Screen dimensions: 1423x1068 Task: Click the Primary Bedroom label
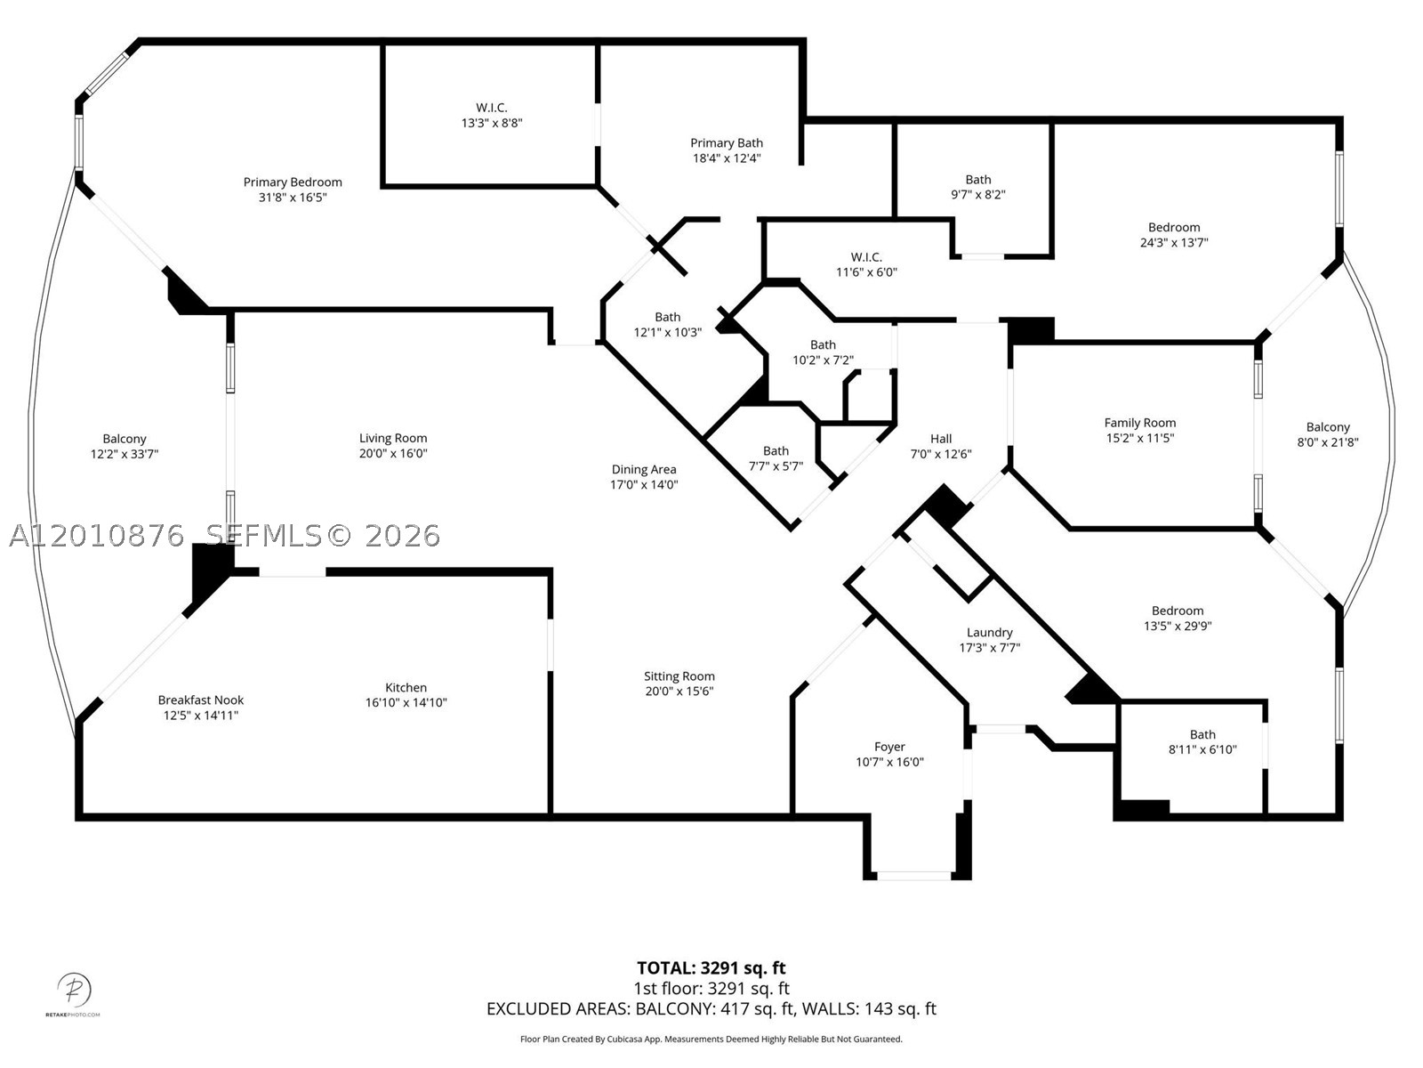tap(293, 182)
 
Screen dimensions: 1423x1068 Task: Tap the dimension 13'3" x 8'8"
tap(492, 123)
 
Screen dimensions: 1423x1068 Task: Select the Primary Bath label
tap(726, 142)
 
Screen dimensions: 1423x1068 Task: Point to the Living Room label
tap(393, 439)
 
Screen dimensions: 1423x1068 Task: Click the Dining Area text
tap(644, 470)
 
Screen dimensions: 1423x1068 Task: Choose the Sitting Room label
tap(679, 676)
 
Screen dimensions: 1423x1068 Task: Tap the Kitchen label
tap(406, 687)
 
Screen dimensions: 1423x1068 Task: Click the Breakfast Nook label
tap(201, 700)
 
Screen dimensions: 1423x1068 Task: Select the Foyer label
tap(889, 747)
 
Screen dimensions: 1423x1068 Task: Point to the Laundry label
tap(989, 632)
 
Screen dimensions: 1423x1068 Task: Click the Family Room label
tap(1139, 423)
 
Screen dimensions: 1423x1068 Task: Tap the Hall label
tap(941, 439)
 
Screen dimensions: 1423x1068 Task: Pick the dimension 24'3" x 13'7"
tap(1174, 242)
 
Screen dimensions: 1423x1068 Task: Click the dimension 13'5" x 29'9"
tap(1178, 626)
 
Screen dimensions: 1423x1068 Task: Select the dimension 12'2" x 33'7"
tap(125, 454)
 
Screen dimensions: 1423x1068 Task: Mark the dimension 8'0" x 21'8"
tap(1328, 442)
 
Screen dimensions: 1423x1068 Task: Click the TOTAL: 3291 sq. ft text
tap(711, 968)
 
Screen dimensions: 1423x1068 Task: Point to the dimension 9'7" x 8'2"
tap(978, 195)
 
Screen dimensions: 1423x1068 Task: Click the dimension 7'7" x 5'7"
tap(776, 466)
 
